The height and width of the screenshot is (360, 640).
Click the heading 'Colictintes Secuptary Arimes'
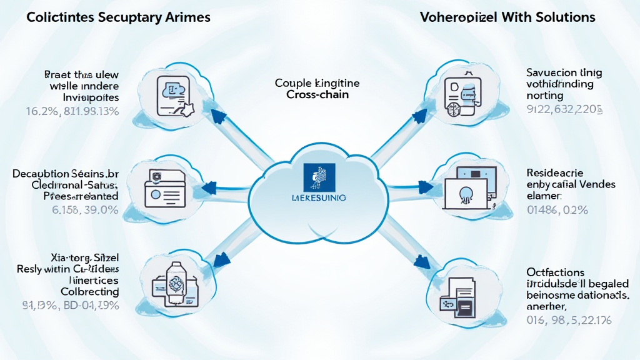[x=118, y=17]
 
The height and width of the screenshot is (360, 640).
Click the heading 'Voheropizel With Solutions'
[x=507, y=17]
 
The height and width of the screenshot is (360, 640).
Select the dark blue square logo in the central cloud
[x=319, y=177]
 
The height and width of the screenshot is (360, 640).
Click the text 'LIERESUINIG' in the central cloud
[x=319, y=197]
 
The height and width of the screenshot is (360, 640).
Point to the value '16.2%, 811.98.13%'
[x=72, y=112]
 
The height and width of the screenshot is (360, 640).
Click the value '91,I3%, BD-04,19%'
[x=71, y=306]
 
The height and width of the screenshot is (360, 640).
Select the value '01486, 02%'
[x=557, y=210]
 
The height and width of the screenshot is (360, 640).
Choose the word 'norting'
[x=545, y=96]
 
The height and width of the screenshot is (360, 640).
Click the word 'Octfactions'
[x=556, y=272]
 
